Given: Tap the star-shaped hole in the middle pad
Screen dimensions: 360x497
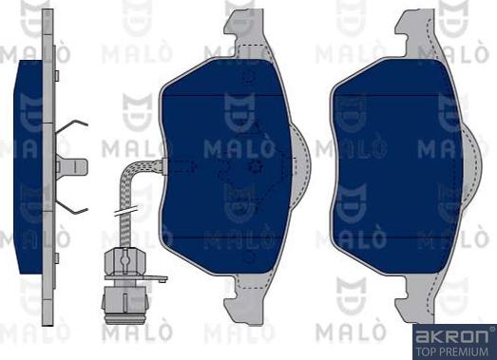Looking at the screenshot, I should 253,167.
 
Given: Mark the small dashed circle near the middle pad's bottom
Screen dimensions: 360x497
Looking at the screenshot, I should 250,256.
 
